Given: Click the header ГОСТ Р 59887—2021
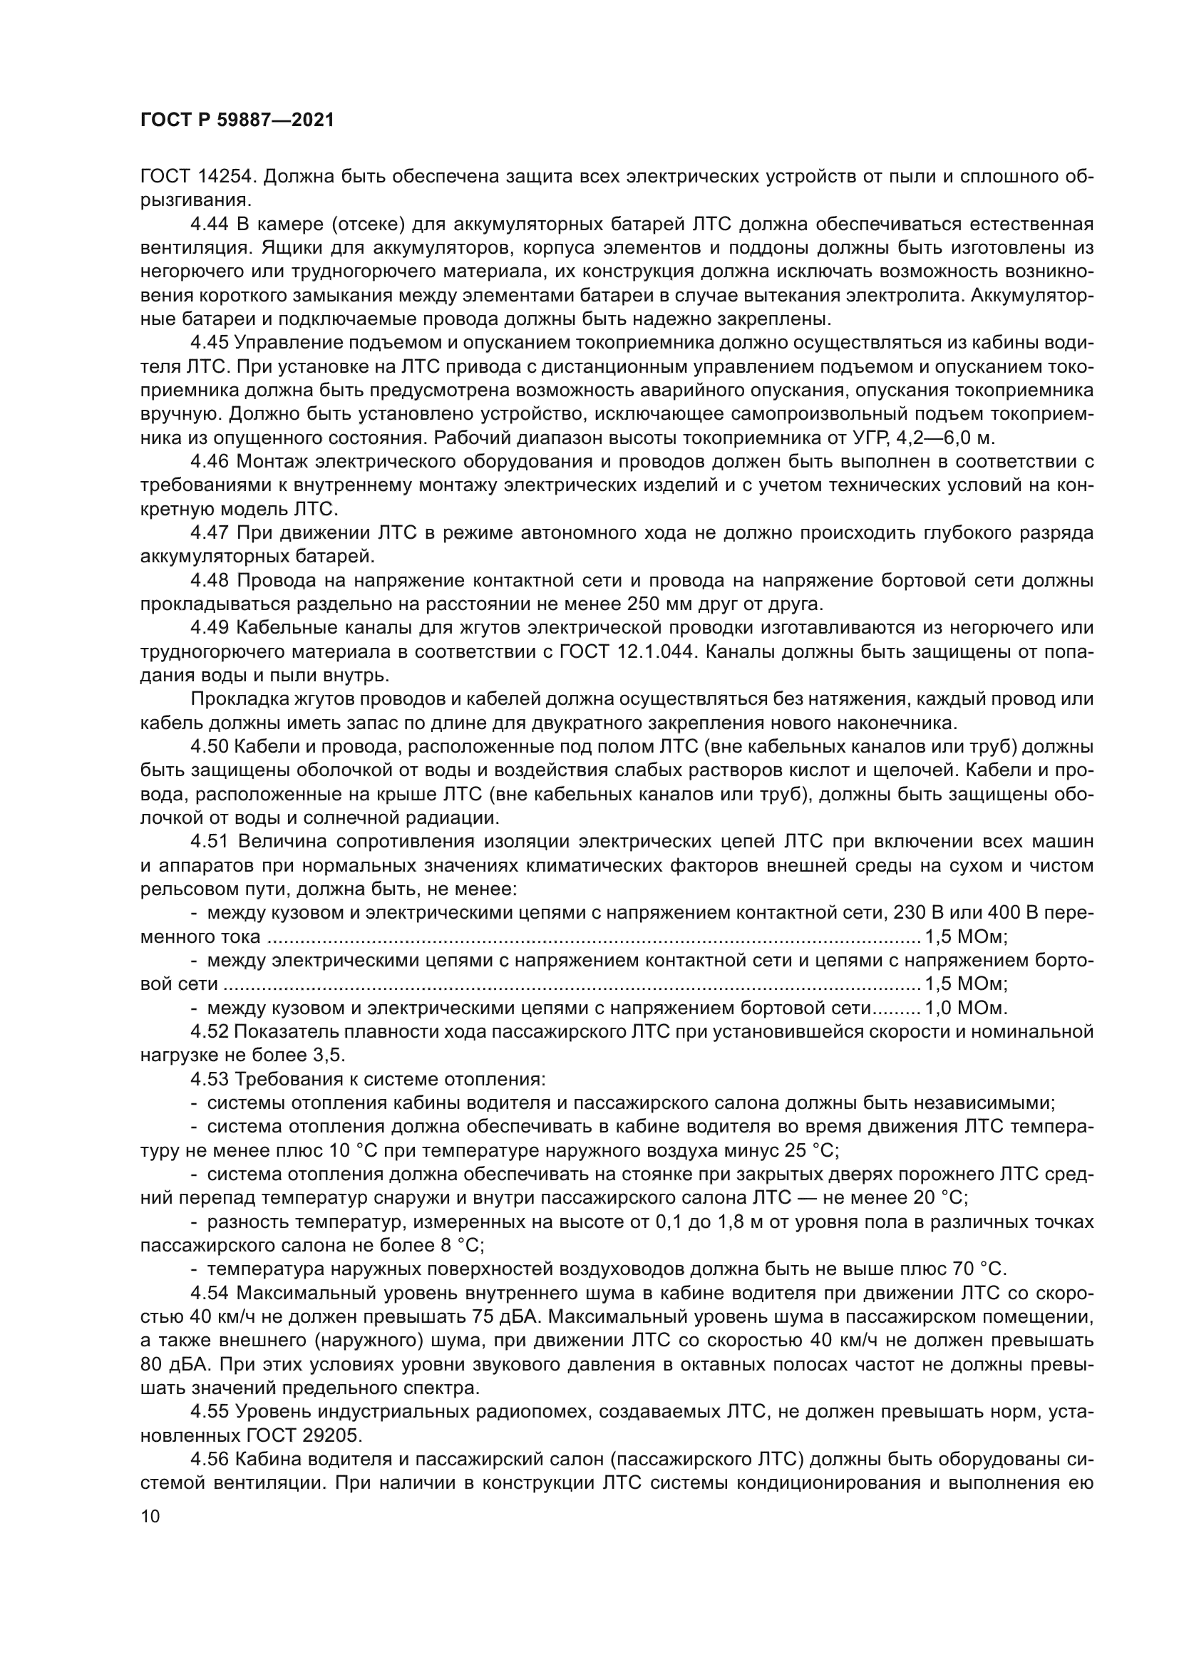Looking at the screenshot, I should [x=237, y=120].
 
